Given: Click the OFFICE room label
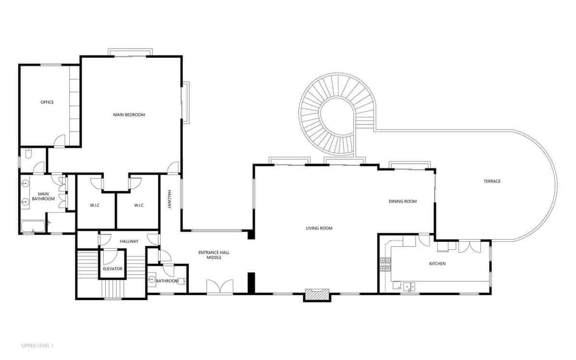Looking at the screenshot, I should click(x=47, y=102).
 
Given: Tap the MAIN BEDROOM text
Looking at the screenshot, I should click(x=129, y=115).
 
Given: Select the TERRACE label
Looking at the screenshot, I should click(x=492, y=181).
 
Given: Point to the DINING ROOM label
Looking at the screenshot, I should click(x=402, y=201).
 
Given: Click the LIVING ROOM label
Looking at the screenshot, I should click(x=319, y=228).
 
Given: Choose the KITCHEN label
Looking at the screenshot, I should click(x=437, y=264).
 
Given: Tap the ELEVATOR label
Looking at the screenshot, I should click(x=113, y=269).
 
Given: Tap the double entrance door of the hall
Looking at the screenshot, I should click(x=220, y=287).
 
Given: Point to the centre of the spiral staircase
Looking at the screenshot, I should click(x=337, y=114).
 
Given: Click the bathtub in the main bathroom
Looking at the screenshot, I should click(x=33, y=226).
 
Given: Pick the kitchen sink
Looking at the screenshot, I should click(x=409, y=287).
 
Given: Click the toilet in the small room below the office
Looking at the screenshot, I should click(x=28, y=154).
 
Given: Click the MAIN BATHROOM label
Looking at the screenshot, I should click(x=43, y=196).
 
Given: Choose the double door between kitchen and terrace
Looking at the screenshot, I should click(x=469, y=247).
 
